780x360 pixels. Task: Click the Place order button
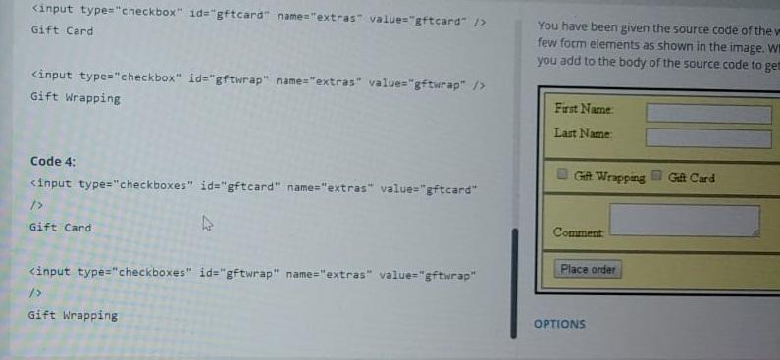(589, 269)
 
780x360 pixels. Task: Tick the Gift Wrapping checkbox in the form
(563, 176)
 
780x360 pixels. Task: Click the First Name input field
(707, 114)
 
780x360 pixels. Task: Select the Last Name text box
(707, 138)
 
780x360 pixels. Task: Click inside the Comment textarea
(684, 220)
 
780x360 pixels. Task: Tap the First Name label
(584, 109)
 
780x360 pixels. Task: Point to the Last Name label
(583, 133)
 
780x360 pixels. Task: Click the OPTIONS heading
(559, 324)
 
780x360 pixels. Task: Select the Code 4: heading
(53, 161)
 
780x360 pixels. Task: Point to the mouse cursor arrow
(207, 223)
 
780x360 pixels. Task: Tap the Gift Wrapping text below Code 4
(73, 315)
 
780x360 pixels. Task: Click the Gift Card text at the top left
(62, 31)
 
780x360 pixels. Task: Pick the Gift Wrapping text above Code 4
(75, 97)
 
